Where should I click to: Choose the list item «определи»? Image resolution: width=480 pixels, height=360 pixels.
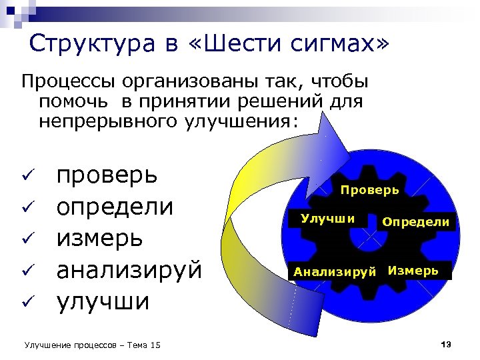[x=115, y=207]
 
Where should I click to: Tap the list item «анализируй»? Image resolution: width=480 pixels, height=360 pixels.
[x=129, y=270]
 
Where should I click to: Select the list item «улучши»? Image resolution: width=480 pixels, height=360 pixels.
[x=103, y=301]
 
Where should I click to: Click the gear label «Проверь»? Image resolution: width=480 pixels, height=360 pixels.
[x=370, y=190]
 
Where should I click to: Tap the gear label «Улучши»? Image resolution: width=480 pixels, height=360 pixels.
[x=327, y=217]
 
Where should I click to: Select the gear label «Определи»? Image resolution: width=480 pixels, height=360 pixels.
[x=415, y=221]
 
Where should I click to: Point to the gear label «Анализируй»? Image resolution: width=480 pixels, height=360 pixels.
[x=335, y=271]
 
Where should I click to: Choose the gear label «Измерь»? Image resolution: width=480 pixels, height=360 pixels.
[x=413, y=270]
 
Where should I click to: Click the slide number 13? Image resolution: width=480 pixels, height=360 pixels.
[x=446, y=344]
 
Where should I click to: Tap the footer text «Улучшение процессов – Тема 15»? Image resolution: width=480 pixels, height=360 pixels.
[x=92, y=345]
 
